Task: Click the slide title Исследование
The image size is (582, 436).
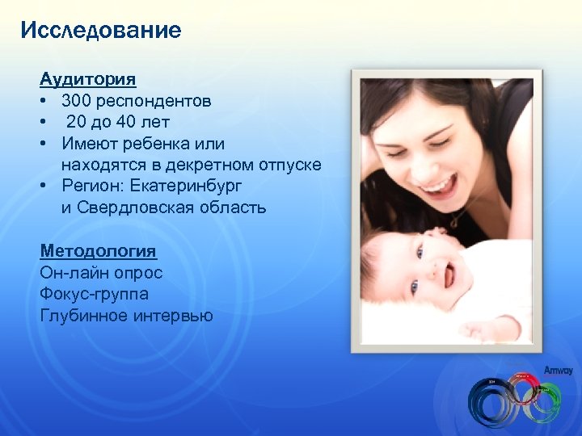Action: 101,31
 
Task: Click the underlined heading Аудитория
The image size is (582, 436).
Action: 88,80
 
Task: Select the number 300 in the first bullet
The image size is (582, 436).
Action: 78,101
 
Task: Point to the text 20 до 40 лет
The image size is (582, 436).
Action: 118,122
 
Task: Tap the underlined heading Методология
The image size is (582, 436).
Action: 97,252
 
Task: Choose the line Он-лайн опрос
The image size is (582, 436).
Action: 101,273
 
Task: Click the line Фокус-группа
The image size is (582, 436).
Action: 94,294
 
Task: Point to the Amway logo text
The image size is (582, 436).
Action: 557,370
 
